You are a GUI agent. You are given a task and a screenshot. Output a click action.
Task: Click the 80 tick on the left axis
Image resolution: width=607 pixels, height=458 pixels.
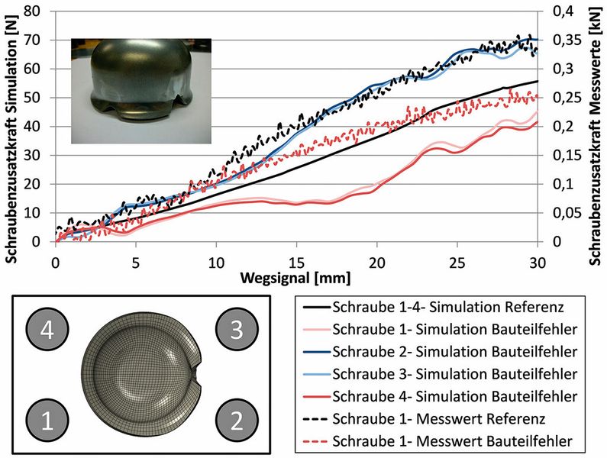(32, 11)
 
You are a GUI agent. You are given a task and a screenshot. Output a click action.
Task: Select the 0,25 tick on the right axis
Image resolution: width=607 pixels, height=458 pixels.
(563, 98)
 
